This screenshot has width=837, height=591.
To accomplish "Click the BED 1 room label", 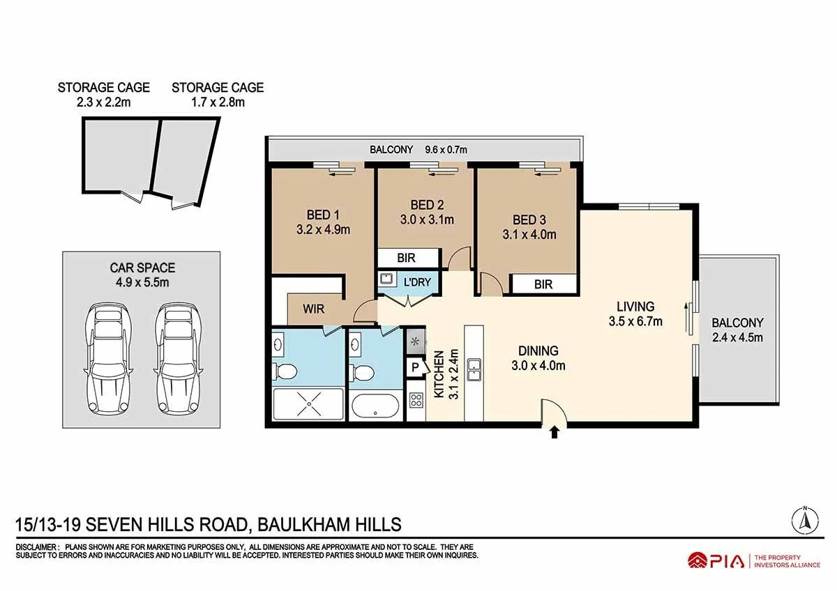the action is [323, 215].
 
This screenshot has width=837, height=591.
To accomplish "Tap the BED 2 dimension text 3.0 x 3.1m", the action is [427, 220].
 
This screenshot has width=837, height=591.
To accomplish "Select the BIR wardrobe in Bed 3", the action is [543, 284].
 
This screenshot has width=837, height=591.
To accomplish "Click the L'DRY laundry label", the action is [417, 282].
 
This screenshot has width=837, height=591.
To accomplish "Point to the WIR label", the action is [313, 309].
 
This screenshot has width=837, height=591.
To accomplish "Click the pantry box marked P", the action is [416, 367].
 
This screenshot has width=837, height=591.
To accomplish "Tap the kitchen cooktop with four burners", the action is [416, 400].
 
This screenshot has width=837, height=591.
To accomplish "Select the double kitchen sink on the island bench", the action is [474, 369].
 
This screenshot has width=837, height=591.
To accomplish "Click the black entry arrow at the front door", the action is [555, 432].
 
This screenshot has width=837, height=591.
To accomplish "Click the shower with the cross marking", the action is [308, 404].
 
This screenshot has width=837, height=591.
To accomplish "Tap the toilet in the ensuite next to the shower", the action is [285, 371].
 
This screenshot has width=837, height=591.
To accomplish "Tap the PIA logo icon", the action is [697, 561].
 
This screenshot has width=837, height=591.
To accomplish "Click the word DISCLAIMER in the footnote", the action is [36, 547].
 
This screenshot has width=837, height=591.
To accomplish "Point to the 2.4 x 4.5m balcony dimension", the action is [737, 337].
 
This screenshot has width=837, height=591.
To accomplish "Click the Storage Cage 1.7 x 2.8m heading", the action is [218, 95].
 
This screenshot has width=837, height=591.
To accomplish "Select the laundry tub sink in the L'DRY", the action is [386, 279].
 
